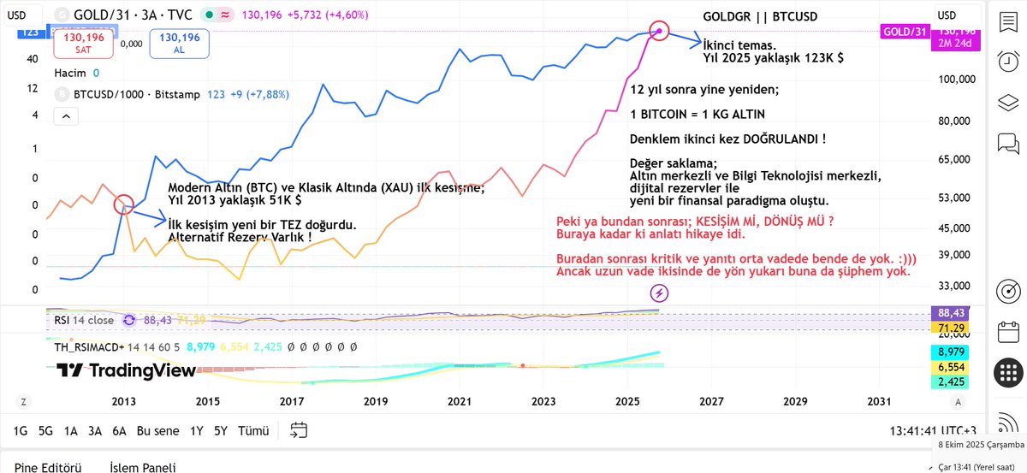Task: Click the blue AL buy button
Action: [x=180, y=44]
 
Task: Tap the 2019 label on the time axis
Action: [x=375, y=401]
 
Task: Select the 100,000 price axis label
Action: [x=956, y=80]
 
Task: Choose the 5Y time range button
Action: [x=220, y=430]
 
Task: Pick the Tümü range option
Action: [x=253, y=430]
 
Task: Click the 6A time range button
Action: [x=120, y=430]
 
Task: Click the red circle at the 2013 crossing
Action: [x=123, y=204]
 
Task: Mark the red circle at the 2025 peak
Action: [x=659, y=30]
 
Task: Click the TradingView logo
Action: [x=126, y=370]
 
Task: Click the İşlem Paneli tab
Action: [x=143, y=467]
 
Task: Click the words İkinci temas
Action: [x=739, y=44]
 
